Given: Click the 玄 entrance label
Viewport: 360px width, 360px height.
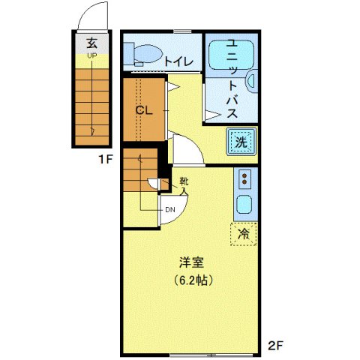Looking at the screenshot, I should pyautogui.click(x=91, y=43).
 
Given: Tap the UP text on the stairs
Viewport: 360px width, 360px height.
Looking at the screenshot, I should pyautogui.click(x=91, y=55).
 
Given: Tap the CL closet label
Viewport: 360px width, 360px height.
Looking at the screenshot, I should pyautogui.click(x=144, y=109).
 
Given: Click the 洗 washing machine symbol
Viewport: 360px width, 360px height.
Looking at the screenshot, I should pyautogui.click(x=241, y=142).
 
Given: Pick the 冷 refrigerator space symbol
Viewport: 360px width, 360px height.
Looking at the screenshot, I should pyautogui.click(x=243, y=234).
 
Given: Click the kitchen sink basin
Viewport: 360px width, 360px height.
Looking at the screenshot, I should pyautogui.click(x=244, y=204).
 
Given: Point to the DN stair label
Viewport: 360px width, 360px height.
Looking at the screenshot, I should pyautogui.click(x=170, y=210).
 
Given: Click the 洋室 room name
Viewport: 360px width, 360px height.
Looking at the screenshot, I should pyautogui.click(x=193, y=263).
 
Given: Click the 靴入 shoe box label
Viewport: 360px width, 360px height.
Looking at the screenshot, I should pyautogui.click(x=183, y=185).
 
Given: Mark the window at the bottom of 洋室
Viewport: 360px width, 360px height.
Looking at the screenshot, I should pyautogui.click(x=193, y=353).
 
